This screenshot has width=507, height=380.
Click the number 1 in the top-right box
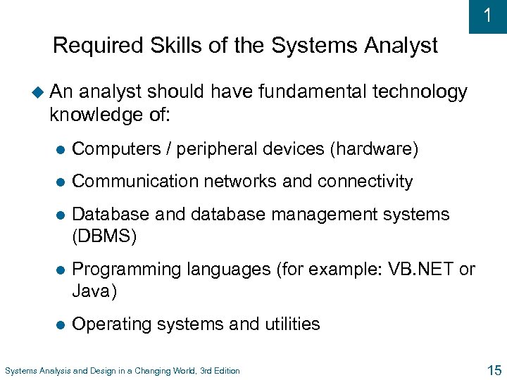488,15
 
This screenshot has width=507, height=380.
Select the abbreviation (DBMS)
105,236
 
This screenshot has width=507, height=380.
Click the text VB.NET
420,270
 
